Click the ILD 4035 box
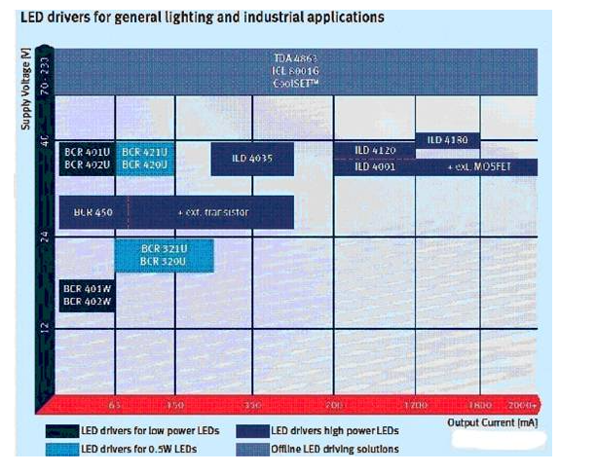pos(251,159)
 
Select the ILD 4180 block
pos(447,140)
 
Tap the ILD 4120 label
pos(375,150)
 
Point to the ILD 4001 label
pos(375,166)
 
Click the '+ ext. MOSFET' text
pos(478,166)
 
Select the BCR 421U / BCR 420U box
pos(145,159)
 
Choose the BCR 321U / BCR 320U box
pos(164,254)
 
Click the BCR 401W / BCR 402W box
pos(87,295)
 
